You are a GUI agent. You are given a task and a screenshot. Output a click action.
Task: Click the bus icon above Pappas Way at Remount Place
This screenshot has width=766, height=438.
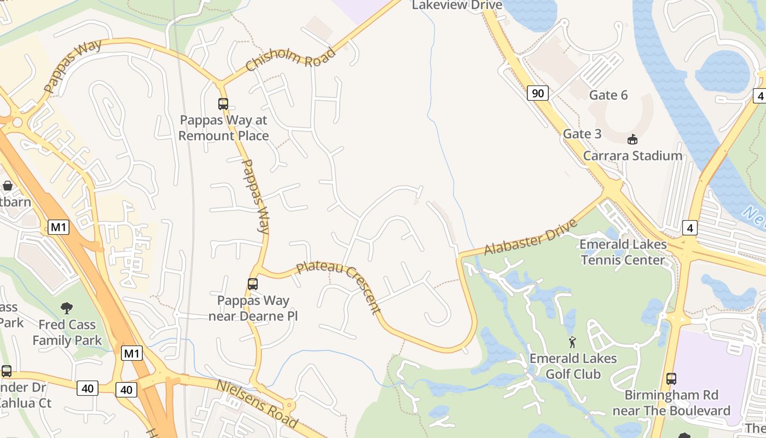223,103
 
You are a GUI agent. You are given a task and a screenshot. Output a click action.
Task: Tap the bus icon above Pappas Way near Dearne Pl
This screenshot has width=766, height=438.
252,284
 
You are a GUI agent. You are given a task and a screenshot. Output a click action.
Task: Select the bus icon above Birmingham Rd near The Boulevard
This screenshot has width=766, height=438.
671,378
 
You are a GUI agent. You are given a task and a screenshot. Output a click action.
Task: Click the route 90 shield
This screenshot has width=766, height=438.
538,93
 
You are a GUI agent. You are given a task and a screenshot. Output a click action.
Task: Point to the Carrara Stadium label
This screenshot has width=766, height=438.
632,156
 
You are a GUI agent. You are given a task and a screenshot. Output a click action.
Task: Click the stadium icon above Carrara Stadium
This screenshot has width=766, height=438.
632,139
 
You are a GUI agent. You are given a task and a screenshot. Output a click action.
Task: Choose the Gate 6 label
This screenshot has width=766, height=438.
608,95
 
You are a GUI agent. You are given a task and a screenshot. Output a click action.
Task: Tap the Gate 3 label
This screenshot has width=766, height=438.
582,134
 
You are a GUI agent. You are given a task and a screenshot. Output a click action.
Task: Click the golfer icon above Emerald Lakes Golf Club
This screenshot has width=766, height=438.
572,342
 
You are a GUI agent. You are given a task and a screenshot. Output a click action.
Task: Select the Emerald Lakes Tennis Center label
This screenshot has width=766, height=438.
623,252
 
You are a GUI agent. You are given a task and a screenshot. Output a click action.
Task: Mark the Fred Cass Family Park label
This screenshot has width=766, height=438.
67,333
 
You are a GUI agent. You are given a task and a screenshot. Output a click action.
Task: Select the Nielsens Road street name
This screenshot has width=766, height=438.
257,404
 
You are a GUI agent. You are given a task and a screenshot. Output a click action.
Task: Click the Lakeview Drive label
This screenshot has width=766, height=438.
457,5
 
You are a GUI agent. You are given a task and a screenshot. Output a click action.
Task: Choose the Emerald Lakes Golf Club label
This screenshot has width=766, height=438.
573,366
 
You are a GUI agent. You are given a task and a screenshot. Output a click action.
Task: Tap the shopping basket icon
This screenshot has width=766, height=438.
8,186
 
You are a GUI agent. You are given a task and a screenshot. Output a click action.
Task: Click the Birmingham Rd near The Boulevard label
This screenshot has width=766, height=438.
671,403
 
